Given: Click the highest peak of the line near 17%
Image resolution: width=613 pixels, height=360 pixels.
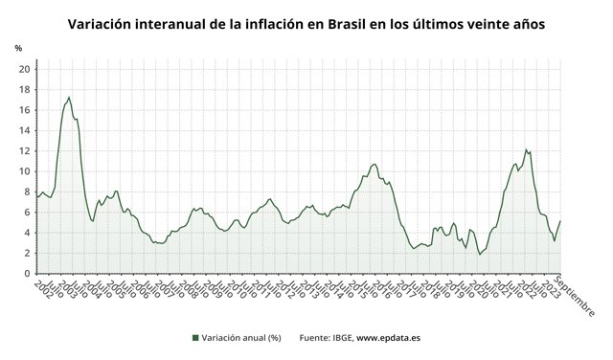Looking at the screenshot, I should pyautogui.click(x=69, y=97).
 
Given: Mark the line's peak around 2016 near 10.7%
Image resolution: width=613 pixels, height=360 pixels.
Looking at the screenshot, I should pyautogui.click(x=374, y=164).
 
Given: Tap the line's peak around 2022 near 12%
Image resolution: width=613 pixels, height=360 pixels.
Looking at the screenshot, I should pyautogui.click(x=526, y=149).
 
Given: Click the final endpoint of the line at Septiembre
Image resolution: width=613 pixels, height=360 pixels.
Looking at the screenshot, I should pyautogui.click(x=560, y=221).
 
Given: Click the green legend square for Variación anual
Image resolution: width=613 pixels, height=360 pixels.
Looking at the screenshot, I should pyautogui.click(x=195, y=337).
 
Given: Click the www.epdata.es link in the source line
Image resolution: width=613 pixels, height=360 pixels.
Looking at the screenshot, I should pyautogui.click(x=390, y=337).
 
